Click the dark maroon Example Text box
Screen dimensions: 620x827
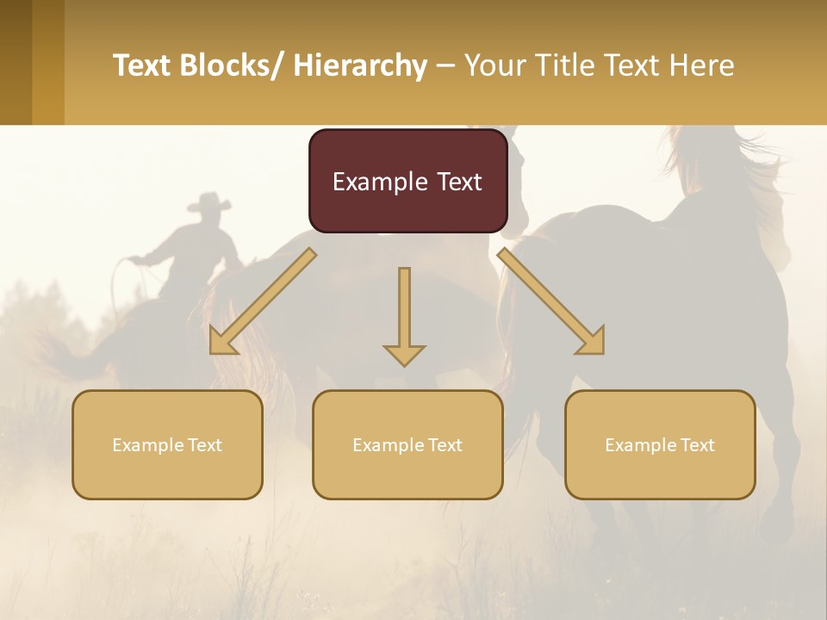407,181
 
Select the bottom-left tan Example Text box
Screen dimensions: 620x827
167,444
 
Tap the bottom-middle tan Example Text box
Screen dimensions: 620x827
407,444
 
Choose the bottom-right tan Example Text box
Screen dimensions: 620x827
660,444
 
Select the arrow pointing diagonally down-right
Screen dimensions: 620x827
551,302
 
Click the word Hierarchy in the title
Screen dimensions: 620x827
359,65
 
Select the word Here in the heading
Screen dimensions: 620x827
702,65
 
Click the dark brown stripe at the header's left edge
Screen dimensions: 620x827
16,62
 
